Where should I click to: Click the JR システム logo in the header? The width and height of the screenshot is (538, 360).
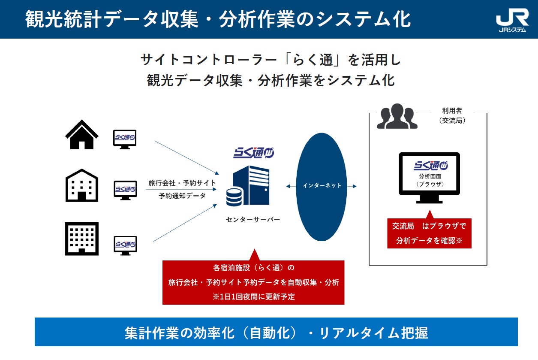[512, 20]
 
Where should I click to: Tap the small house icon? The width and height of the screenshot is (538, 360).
[81, 135]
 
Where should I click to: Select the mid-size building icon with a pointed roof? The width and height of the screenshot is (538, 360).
[81, 185]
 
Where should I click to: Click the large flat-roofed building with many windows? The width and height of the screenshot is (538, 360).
[81, 239]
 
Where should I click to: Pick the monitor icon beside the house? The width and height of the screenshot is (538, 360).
[125, 139]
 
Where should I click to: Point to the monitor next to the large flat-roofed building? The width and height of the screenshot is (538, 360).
[125, 245]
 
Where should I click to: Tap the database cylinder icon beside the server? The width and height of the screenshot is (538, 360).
[234, 197]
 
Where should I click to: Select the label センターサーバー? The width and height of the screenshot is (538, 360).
[253, 220]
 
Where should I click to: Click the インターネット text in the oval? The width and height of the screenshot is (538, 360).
[322, 186]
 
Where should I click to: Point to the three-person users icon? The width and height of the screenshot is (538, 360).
[397, 116]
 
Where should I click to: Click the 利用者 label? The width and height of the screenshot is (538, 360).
[452, 111]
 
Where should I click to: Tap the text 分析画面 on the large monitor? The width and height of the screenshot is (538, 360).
[430, 176]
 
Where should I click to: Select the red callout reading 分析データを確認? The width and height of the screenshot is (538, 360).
[429, 233]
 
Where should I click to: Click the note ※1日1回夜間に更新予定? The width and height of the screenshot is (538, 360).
[253, 296]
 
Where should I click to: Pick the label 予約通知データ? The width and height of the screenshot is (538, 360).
[182, 196]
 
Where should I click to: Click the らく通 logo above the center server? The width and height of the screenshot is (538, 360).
[254, 152]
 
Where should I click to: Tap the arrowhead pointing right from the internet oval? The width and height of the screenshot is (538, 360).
[355, 186]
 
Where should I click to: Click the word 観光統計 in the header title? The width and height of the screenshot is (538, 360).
[63, 19]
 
